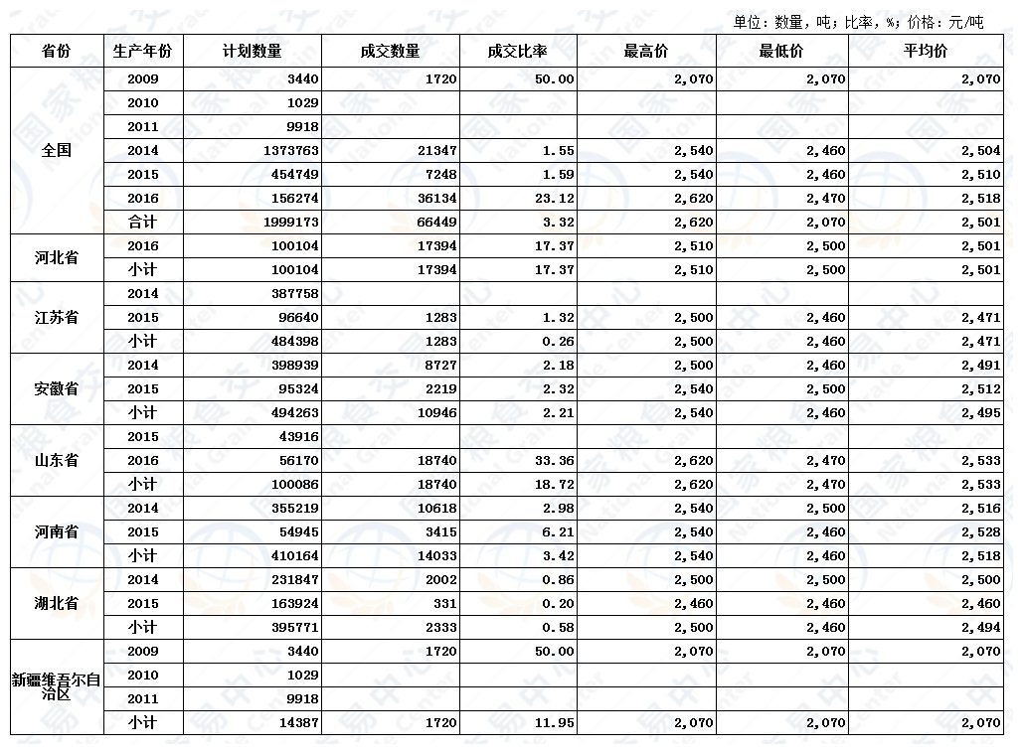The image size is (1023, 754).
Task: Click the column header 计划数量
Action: (253, 52)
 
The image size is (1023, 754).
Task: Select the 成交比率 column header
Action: (517, 52)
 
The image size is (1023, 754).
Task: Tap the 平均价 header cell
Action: (925, 52)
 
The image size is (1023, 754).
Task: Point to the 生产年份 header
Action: (143, 52)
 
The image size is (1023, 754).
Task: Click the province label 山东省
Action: (57, 461)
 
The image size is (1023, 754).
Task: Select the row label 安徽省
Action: (57, 389)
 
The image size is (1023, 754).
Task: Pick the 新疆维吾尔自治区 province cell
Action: (57, 686)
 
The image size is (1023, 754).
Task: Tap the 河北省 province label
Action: (57, 258)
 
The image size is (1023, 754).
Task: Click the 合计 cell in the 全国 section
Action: (143, 223)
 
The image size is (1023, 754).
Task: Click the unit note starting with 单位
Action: (858, 22)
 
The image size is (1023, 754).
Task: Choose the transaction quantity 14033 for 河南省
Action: (436, 556)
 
